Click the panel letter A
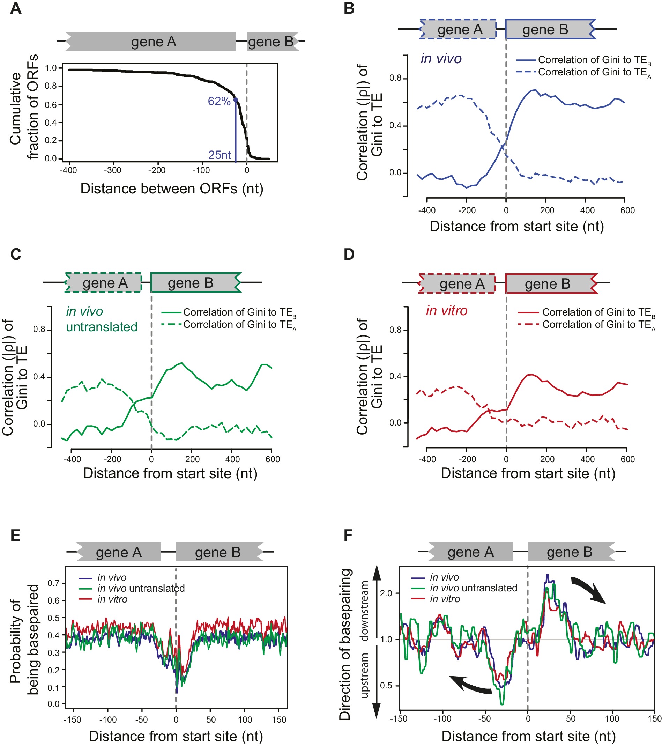coord(15,8)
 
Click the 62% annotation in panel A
coord(219,101)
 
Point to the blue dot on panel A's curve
coord(236,99)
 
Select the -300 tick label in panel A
coord(112,170)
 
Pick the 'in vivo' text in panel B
coord(441,59)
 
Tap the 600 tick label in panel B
coord(627,210)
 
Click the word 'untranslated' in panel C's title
coord(102,327)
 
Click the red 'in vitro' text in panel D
coord(446,311)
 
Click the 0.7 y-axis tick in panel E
coord(54,583)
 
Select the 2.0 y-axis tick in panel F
coord(386,593)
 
